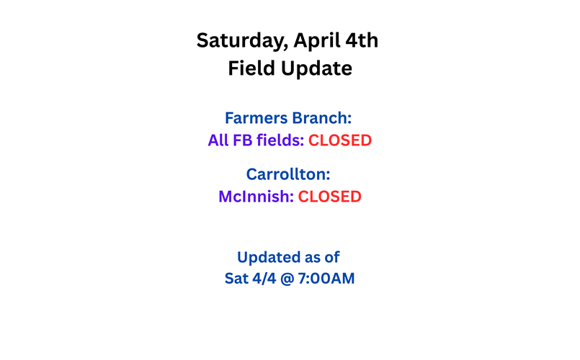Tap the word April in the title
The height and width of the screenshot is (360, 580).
(x=316, y=40)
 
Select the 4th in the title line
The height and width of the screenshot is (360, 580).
(x=362, y=40)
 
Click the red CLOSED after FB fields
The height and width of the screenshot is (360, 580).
(x=340, y=140)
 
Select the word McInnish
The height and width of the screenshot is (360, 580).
(x=256, y=197)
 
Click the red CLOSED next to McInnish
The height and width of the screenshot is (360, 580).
(x=330, y=197)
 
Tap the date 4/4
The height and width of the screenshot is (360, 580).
(x=266, y=278)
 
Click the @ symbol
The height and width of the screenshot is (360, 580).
(x=291, y=278)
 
